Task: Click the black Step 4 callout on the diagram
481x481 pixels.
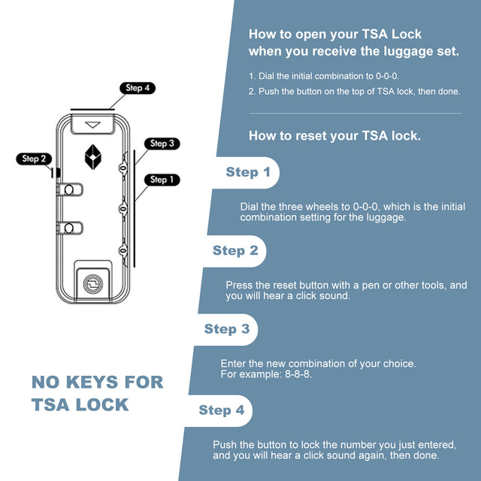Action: click(x=138, y=88)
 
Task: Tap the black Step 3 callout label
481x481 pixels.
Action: click(x=162, y=144)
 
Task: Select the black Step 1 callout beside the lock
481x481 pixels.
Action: click(x=160, y=180)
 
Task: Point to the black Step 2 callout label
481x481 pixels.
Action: click(x=35, y=159)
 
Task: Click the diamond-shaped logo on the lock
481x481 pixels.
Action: click(x=93, y=155)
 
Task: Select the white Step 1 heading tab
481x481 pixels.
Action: click(x=248, y=173)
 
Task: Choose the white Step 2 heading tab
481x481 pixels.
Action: click(x=235, y=251)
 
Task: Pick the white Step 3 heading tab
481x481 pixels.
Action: click(x=227, y=329)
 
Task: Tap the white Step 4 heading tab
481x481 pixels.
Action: click(x=221, y=410)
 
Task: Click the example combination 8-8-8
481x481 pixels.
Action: click(x=298, y=374)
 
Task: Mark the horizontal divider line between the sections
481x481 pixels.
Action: click(x=355, y=113)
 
